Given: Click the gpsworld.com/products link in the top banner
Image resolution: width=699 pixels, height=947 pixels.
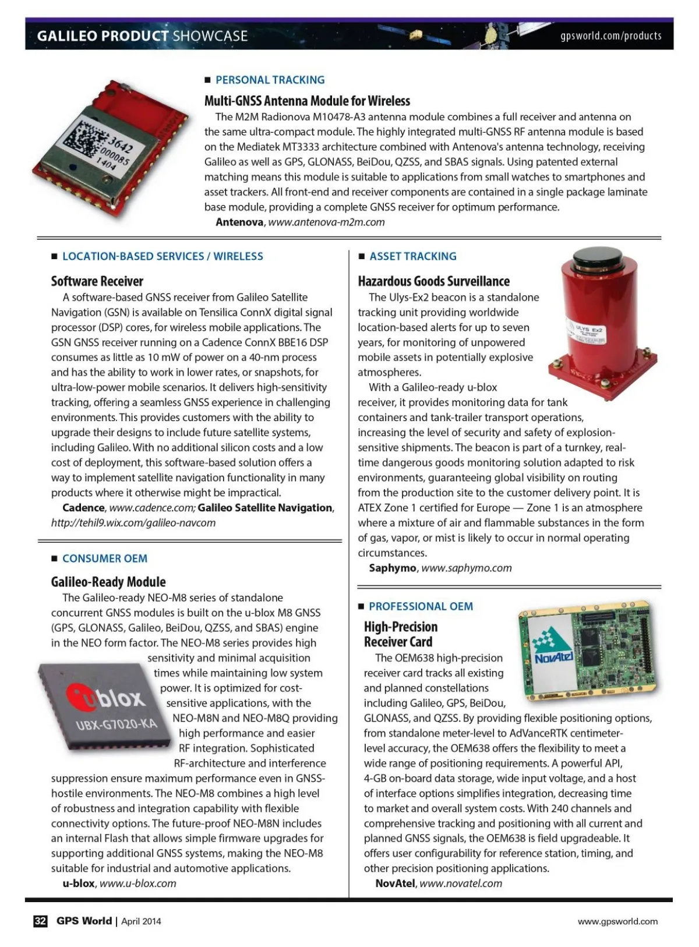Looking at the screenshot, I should coord(610,36).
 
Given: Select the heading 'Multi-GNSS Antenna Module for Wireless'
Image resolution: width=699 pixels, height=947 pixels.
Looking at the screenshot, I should coord(307,101).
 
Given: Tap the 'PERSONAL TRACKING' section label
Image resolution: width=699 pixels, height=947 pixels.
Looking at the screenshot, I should coord(270,80).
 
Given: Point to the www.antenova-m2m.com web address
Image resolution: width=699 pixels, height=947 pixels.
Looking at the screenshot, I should coord(326,222).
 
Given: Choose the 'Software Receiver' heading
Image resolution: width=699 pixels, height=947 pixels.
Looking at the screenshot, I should coord(97,281).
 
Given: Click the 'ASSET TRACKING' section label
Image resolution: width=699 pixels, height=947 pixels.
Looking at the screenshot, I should coord(412,256).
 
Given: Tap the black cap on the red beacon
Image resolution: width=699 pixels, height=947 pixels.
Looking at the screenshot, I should coord(596,256).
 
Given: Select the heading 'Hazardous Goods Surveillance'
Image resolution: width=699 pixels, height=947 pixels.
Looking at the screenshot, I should coord(433,281).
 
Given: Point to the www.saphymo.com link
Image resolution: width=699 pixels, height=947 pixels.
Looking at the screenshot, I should coord(466,568).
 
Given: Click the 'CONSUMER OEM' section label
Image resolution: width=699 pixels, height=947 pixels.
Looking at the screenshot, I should coord(105,559).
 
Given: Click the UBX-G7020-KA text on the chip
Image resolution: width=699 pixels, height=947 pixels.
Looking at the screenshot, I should coord(116,725).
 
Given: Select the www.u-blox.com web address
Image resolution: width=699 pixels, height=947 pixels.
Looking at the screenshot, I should coord(137,884).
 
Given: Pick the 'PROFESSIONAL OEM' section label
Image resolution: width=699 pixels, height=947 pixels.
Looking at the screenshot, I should coord(421,606).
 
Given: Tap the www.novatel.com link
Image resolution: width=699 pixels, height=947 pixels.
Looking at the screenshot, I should coord(460,884).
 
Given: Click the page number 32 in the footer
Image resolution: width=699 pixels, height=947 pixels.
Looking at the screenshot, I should coord(40,921).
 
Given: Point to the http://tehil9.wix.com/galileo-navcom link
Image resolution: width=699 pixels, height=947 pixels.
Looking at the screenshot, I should coord(133,523).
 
